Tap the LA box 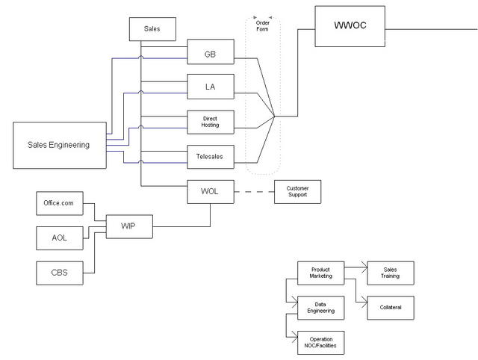[x=210, y=87]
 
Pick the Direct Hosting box [x=210, y=122]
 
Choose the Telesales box [x=210, y=157]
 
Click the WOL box [x=210, y=192]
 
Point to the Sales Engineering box [x=59, y=145]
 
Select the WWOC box [x=350, y=26]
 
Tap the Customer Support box [x=297, y=192]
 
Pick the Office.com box [x=60, y=203]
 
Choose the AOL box [x=60, y=238]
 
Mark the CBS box [x=60, y=273]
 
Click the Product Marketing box [x=320, y=273]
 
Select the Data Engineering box [x=320, y=307]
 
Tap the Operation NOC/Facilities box [x=320, y=342]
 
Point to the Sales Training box [x=389, y=273]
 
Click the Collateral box [x=389, y=307]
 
